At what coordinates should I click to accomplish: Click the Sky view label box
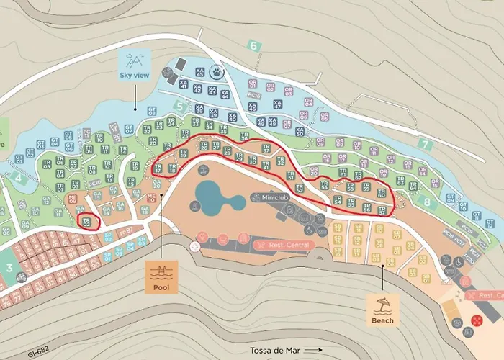tap(135, 63)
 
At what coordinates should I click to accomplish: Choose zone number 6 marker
tap(253, 45)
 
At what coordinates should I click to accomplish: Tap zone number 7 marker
tap(425, 144)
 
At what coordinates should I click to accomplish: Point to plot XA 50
tap(299, 131)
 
